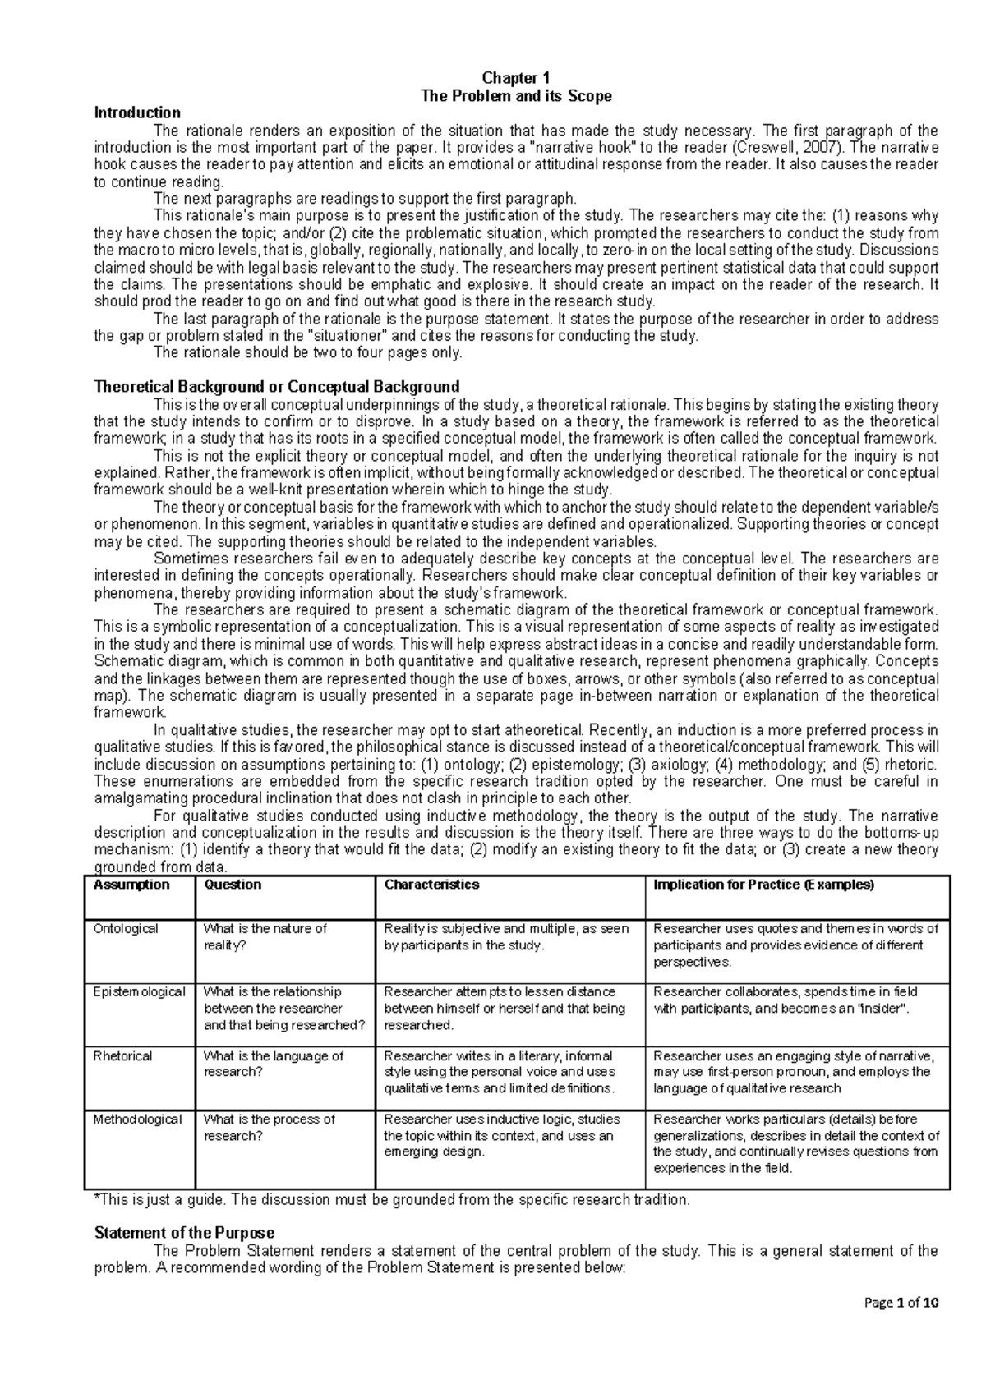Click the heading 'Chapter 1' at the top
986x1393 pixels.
point(515,79)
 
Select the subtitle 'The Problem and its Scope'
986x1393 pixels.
point(515,96)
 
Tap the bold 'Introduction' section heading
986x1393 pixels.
point(137,113)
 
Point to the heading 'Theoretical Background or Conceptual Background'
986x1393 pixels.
point(277,386)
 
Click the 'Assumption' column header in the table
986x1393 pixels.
point(131,885)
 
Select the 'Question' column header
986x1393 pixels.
point(233,885)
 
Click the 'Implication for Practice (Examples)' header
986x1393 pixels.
point(763,885)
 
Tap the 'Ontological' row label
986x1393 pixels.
point(126,929)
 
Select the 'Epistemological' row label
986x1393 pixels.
point(139,992)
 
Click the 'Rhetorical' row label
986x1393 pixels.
point(122,1056)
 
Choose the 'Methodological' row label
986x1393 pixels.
point(137,1119)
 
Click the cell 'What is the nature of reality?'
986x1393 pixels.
point(265,937)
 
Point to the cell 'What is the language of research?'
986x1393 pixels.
point(273,1064)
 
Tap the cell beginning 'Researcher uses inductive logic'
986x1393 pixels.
point(501,1135)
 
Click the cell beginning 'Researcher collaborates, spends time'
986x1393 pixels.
point(785,1000)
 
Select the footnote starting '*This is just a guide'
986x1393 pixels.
point(393,1199)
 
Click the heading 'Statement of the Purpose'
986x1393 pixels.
point(184,1233)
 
